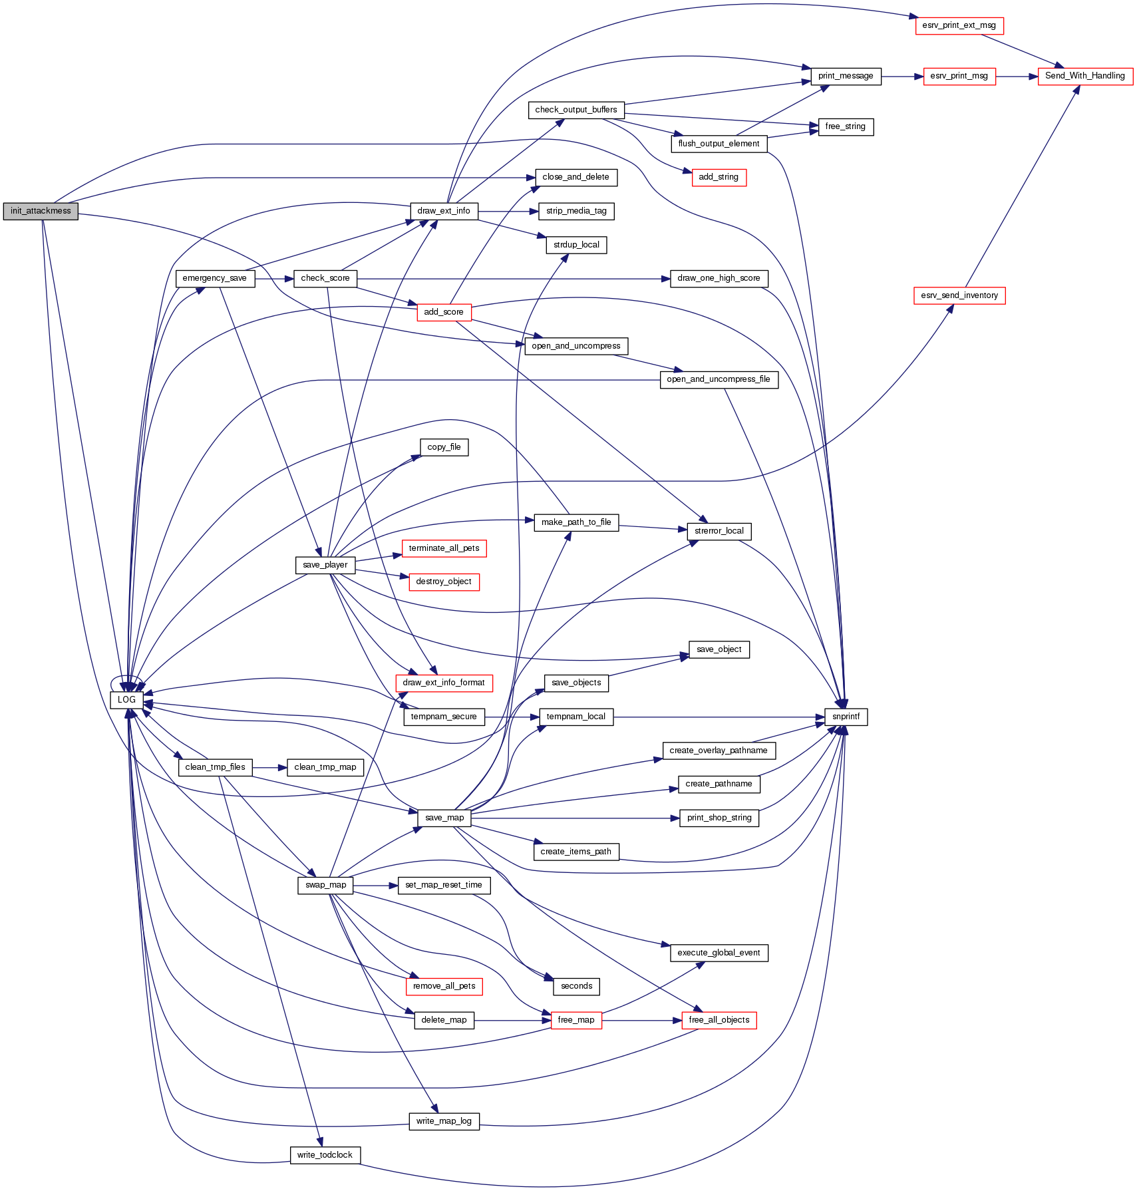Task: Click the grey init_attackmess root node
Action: [x=41, y=212]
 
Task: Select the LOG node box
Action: [x=126, y=700]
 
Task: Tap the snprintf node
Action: [x=846, y=717]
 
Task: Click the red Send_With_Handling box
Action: [x=1084, y=76]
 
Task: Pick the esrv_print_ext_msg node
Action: [x=959, y=26]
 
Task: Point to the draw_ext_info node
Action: [x=444, y=212]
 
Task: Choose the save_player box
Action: [x=325, y=565]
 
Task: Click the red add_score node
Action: [x=444, y=312]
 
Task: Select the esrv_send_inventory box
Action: [x=959, y=295]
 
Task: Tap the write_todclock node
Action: [x=325, y=1155]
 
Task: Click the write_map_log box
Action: [x=444, y=1121]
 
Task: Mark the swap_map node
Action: [x=325, y=885]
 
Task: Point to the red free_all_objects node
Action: [x=719, y=1020]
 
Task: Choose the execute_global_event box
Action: [x=719, y=953]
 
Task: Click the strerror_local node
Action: [x=719, y=531]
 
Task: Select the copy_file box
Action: [x=444, y=447]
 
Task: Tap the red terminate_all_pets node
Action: [x=444, y=548]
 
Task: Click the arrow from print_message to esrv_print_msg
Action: [x=902, y=77]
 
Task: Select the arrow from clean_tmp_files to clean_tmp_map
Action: [x=269, y=767]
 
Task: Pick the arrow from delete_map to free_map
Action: [x=512, y=1020]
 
